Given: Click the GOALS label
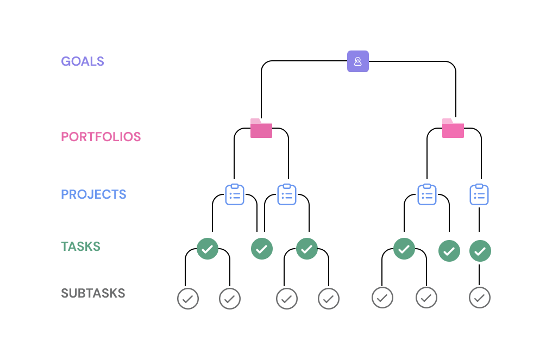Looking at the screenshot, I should click(x=83, y=61).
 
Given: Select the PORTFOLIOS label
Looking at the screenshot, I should click(x=101, y=137).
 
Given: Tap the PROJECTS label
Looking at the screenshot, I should click(x=93, y=194).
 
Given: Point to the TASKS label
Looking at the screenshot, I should click(x=80, y=247).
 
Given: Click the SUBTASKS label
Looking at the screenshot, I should click(x=93, y=294).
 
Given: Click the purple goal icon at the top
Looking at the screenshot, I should click(x=358, y=61).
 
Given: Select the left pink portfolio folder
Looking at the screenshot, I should click(x=261, y=128).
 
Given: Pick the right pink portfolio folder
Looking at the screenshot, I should click(x=453, y=128).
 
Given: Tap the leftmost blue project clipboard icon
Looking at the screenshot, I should click(x=235, y=194).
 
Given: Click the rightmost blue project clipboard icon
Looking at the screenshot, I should click(x=479, y=194).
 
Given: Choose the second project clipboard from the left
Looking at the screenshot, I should click(x=287, y=194).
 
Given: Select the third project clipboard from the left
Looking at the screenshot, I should click(x=427, y=194).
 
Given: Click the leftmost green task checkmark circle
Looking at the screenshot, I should click(x=207, y=249).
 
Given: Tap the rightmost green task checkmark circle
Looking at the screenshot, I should click(x=480, y=251).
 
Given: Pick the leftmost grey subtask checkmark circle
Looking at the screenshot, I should click(x=188, y=298).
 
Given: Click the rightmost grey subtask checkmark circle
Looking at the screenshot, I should click(x=479, y=298).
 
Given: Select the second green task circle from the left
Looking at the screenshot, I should click(x=262, y=249).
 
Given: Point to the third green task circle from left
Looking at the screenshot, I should click(x=307, y=249).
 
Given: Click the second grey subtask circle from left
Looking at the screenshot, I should click(x=230, y=298).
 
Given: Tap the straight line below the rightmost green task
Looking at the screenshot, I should click(x=479, y=274).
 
